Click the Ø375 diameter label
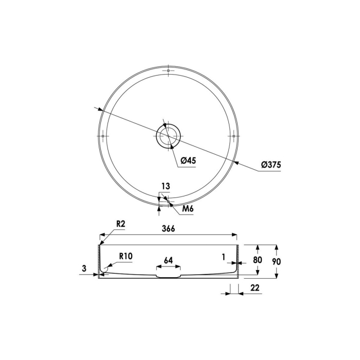[x=271, y=165]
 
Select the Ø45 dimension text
[x=188, y=161]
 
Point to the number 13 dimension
[x=165, y=186]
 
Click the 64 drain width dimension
[x=168, y=260]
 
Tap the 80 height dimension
[x=257, y=260]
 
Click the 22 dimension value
[x=255, y=289]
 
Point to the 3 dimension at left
[x=83, y=267]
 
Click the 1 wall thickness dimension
[x=224, y=256]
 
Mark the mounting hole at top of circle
[x=169, y=70]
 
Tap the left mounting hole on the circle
[x=103, y=136]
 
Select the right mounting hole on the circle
[x=234, y=136]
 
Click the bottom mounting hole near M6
[x=169, y=201]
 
